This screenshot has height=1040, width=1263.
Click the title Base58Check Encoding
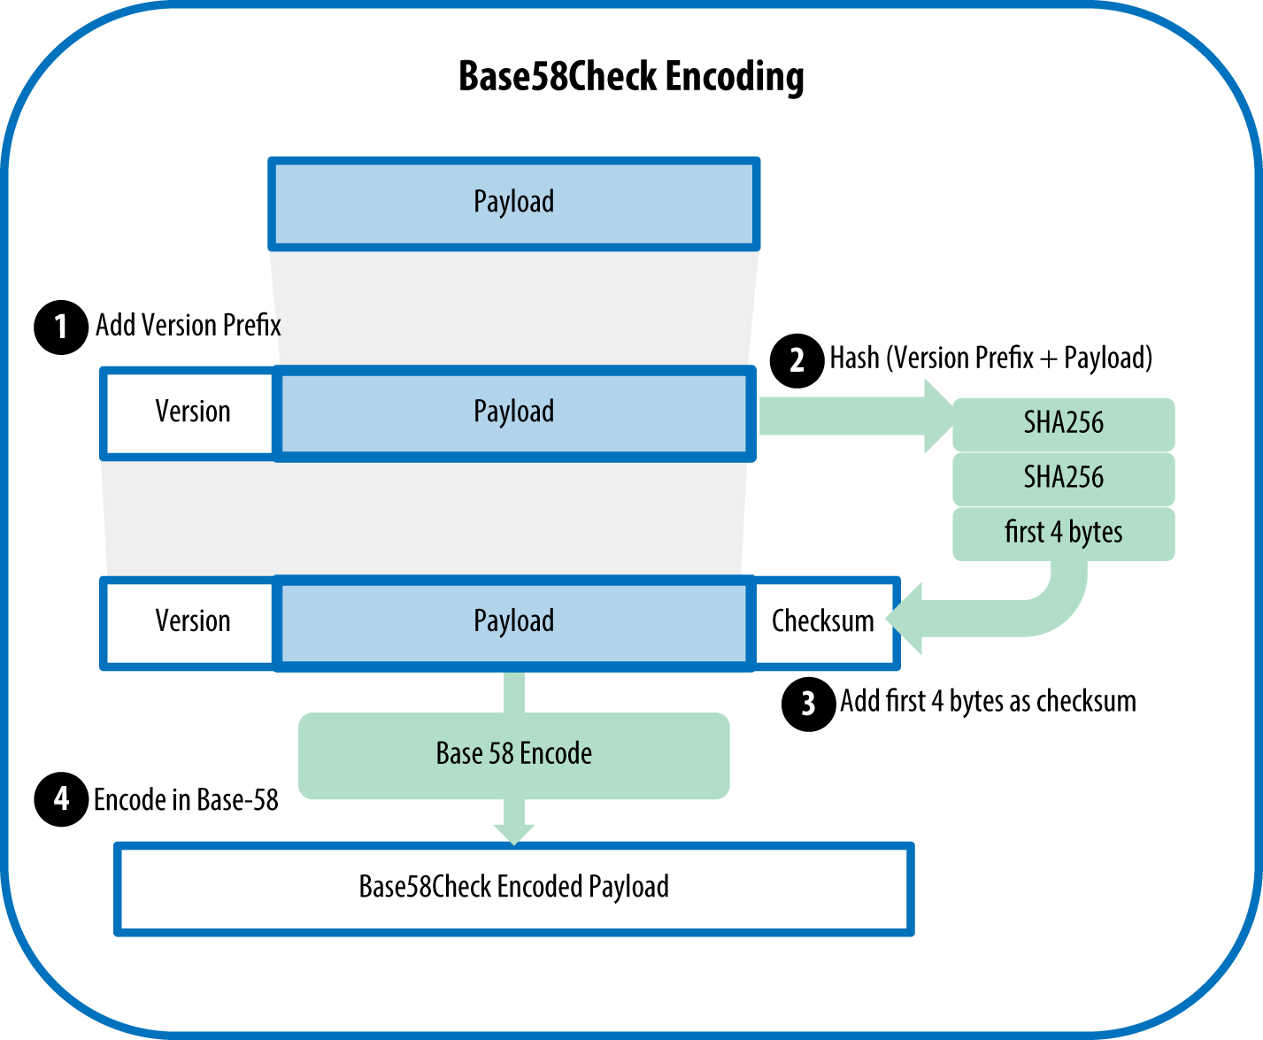tap(631, 77)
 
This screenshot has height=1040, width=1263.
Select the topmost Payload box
tap(513, 203)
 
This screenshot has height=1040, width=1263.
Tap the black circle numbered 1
tap(60, 327)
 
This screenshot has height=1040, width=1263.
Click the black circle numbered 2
tap(797, 360)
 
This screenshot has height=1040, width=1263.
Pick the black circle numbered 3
tap(808, 704)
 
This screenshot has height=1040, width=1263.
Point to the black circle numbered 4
tap(60, 799)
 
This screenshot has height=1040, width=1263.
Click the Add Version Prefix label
tap(188, 326)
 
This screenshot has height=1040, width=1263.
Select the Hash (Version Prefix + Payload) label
tap(990, 358)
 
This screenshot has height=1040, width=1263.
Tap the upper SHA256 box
tap(1063, 424)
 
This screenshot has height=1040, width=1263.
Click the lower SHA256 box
tap(1063, 479)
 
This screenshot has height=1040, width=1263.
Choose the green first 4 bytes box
tap(1063, 533)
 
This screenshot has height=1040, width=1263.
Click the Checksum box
tap(823, 621)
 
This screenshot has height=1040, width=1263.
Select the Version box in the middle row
tap(191, 412)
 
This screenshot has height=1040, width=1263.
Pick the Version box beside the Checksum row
tap(191, 621)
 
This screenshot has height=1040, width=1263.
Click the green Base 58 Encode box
tap(513, 754)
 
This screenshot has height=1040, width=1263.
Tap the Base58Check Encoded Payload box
tap(513, 888)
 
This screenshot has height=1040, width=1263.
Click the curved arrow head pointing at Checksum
tap(906, 619)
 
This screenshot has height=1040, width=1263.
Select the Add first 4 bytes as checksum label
tap(988, 702)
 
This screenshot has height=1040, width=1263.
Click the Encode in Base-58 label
tap(186, 800)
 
